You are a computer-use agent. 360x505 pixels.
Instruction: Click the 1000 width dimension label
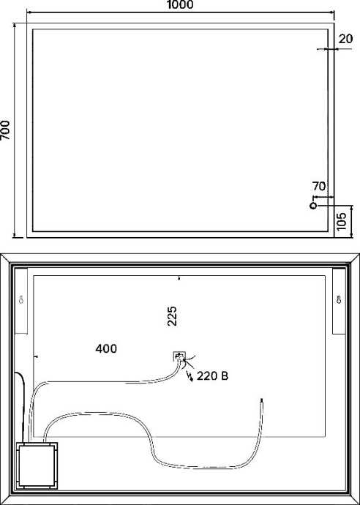coord(180,5)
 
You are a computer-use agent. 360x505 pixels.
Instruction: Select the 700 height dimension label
coord(6,130)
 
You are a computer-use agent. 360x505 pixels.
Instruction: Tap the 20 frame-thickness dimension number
coord(346,38)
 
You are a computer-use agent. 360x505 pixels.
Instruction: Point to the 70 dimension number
coord(319,187)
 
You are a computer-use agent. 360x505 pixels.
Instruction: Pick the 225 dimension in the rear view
coord(173,316)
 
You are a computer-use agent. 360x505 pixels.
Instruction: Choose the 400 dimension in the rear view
coord(106,349)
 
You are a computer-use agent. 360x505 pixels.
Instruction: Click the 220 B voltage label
coord(213,377)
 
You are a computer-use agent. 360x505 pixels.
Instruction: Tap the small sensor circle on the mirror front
coord(313,206)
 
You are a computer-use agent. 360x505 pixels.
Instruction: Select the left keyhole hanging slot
coord(21,300)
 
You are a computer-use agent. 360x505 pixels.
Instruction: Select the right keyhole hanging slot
coord(338,300)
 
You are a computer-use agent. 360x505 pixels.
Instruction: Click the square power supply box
coord(37,465)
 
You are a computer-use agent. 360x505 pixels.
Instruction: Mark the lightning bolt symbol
coord(192,378)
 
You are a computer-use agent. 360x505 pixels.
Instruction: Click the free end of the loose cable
coord(262,401)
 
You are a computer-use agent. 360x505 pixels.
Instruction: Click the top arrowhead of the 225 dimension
coord(179,279)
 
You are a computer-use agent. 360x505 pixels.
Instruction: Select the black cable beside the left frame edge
coord(24,399)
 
